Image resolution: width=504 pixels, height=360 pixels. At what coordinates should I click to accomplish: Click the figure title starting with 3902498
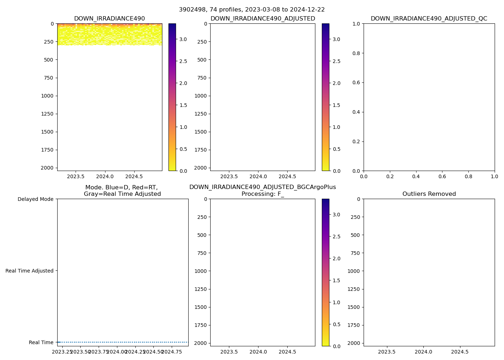click(x=252, y=10)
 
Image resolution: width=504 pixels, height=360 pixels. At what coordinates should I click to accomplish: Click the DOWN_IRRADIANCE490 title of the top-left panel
click(x=109, y=19)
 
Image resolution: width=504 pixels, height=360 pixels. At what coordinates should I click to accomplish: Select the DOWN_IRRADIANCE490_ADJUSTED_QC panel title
click(x=429, y=19)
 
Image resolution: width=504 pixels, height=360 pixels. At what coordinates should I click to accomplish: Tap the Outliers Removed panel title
click(x=429, y=194)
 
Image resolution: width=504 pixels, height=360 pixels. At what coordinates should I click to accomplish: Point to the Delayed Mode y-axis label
click(x=35, y=199)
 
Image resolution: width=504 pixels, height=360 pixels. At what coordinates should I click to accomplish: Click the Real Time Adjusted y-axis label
click(x=30, y=271)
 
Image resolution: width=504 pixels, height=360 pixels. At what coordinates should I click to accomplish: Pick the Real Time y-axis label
click(x=41, y=342)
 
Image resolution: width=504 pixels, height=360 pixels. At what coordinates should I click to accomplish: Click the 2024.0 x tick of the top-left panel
click(x=105, y=176)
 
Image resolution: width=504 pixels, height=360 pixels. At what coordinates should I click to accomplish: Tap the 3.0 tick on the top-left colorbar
click(x=183, y=39)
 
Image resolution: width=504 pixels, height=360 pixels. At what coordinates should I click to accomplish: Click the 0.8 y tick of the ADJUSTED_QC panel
click(x=357, y=53)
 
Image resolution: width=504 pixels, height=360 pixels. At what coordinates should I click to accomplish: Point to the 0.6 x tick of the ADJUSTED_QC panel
click(x=442, y=176)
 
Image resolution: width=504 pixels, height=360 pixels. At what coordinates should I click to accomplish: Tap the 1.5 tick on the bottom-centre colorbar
click(x=336, y=280)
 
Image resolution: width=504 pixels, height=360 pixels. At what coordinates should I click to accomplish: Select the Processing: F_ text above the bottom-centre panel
click(x=262, y=194)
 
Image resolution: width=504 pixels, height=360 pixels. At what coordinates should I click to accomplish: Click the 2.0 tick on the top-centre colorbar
click(x=336, y=83)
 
